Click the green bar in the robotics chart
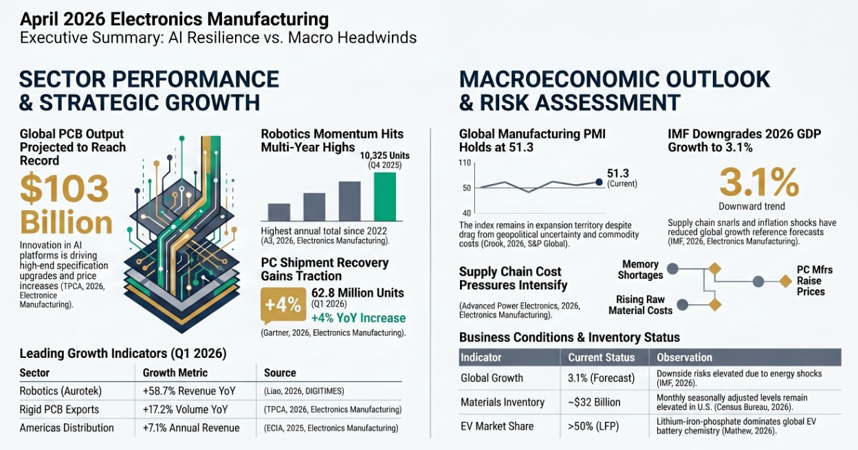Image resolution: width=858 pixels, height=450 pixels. [385, 196]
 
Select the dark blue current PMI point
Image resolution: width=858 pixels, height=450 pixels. [598, 182]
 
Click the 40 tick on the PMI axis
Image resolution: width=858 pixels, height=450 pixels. [466, 213]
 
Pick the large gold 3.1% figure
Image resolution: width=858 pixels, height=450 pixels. [759, 182]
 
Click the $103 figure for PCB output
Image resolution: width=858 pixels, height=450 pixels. [65, 189]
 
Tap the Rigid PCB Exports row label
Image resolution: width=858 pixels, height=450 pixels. [59, 409]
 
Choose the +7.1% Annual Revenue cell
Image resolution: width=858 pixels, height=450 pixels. [191, 428]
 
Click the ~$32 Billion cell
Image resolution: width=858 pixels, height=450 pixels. [594, 402]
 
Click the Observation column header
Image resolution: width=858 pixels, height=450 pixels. [685, 357]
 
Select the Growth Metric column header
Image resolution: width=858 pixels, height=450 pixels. [175, 373]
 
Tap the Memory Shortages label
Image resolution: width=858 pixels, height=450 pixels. [640, 270]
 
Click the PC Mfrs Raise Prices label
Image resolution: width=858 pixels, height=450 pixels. [814, 280]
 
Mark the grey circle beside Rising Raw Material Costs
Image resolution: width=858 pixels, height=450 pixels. [682, 304]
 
